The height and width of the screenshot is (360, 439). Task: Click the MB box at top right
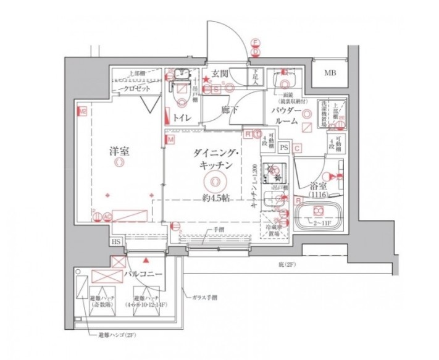pyautogui.click(x=332, y=73)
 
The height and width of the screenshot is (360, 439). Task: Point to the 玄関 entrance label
pyautogui.click(x=220, y=74)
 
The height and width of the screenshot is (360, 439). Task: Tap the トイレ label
pyautogui.click(x=181, y=116)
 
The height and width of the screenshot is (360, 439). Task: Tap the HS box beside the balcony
pyautogui.click(x=116, y=243)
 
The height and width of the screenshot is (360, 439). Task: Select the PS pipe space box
pyautogui.click(x=284, y=148)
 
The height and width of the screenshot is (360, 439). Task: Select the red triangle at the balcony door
pyautogui.click(x=146, y=261)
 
